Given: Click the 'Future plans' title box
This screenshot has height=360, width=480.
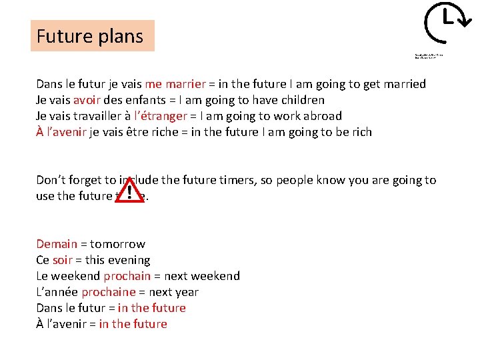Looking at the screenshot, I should tap(92, 36).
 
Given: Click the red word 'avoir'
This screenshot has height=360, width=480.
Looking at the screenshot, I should tap(87, 100).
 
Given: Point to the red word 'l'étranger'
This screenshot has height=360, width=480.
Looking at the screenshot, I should tap(163, 116).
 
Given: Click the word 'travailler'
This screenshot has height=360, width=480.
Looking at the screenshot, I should tap(95, 116).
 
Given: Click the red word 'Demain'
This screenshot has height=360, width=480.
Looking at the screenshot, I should tap(57, 244).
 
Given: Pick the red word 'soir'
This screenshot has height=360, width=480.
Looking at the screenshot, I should tap(63, 260).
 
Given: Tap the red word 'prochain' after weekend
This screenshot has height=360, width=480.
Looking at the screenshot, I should tap(127, 276).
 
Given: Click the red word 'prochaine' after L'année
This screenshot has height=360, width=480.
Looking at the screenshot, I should tap(108, 292).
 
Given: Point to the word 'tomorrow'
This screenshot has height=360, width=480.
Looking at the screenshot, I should tap(117, 244).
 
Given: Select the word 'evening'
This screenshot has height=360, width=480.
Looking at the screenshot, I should tap(127, 260).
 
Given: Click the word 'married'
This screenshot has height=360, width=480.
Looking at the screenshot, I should tap(402, 84).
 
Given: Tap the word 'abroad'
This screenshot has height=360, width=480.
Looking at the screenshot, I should tap(320, 116).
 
